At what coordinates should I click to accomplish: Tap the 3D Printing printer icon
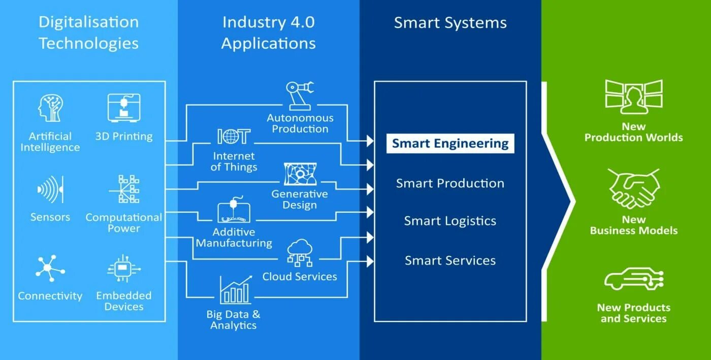point(123,108)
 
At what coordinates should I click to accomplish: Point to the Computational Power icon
point(124,190)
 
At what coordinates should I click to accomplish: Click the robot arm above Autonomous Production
point(300,96)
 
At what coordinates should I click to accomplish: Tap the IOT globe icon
point(234,137)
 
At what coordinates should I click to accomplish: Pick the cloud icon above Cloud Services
point(300,252)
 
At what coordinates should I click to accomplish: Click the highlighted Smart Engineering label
point(450,144)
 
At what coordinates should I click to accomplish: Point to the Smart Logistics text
point(450,221)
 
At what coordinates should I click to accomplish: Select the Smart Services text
point(450,261)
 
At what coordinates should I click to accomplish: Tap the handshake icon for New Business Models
point(634,188)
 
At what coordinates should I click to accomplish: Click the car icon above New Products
point(634,279)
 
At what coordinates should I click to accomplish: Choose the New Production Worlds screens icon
point(634,97)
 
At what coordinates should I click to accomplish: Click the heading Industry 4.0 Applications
point(268,33)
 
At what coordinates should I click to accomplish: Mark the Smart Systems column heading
point(450,23)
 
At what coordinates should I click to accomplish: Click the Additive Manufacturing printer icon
point(234,211)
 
